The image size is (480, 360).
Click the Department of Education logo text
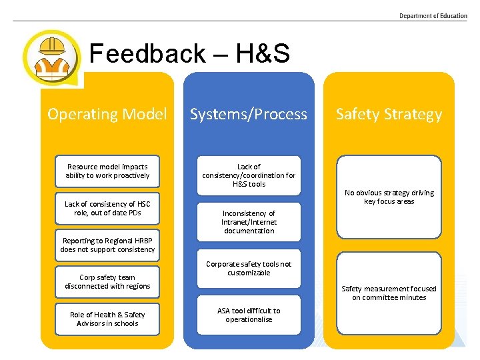pos(433,16)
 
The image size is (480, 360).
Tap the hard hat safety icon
pos(51,57)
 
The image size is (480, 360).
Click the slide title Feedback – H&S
pos(189,54)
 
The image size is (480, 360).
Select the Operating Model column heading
pos(107,114)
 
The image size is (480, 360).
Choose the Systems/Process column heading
pos(249,114)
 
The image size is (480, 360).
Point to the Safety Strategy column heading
pos(389,114)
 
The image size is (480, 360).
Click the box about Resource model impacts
pos(107,171)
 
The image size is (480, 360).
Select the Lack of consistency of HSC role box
pos(107,209)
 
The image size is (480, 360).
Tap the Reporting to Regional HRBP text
pos(107,245)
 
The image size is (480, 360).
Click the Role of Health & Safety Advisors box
pos(107,319)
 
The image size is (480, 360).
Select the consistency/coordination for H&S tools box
pos(249,175)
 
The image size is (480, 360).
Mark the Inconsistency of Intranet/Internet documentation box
pos(249,222)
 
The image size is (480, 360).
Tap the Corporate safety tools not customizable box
pos(249,269)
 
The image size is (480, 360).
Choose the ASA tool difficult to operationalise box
pos(249,315)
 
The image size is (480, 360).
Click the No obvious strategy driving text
pos(389,197)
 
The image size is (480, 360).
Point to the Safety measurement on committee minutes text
pos(389,293)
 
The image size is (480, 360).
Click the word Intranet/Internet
pos(249,222)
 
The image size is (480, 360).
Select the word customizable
pos(249,273)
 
